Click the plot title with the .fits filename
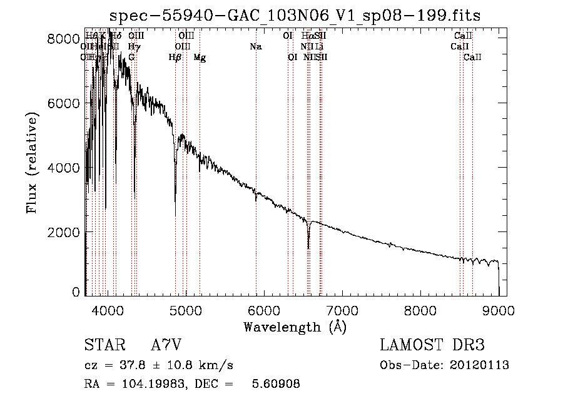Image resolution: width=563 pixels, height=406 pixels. (x=295, y=16)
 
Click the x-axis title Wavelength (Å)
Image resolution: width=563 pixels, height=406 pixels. (x=295, y=327)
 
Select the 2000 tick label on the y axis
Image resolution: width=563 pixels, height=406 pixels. (x=64, y=233)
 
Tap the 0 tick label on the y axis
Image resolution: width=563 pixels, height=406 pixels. (x=75, y=292)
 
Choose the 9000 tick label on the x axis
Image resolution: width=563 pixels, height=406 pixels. (x=499, y=310)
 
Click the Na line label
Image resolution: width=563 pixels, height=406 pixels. (x=255, y=47)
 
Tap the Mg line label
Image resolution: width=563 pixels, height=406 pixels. (x=200, y=58)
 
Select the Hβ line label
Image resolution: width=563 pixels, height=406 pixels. (x=175, y=58)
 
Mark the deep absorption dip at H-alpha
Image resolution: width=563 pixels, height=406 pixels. (x=308, y=247)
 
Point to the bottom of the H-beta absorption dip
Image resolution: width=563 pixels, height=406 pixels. (x=175, y=215)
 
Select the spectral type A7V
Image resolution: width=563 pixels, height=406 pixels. (x=166, y=345)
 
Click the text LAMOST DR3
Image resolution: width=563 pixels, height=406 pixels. (x=432, y=345)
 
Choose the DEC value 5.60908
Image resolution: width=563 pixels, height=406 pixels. (x=275, y=384)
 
